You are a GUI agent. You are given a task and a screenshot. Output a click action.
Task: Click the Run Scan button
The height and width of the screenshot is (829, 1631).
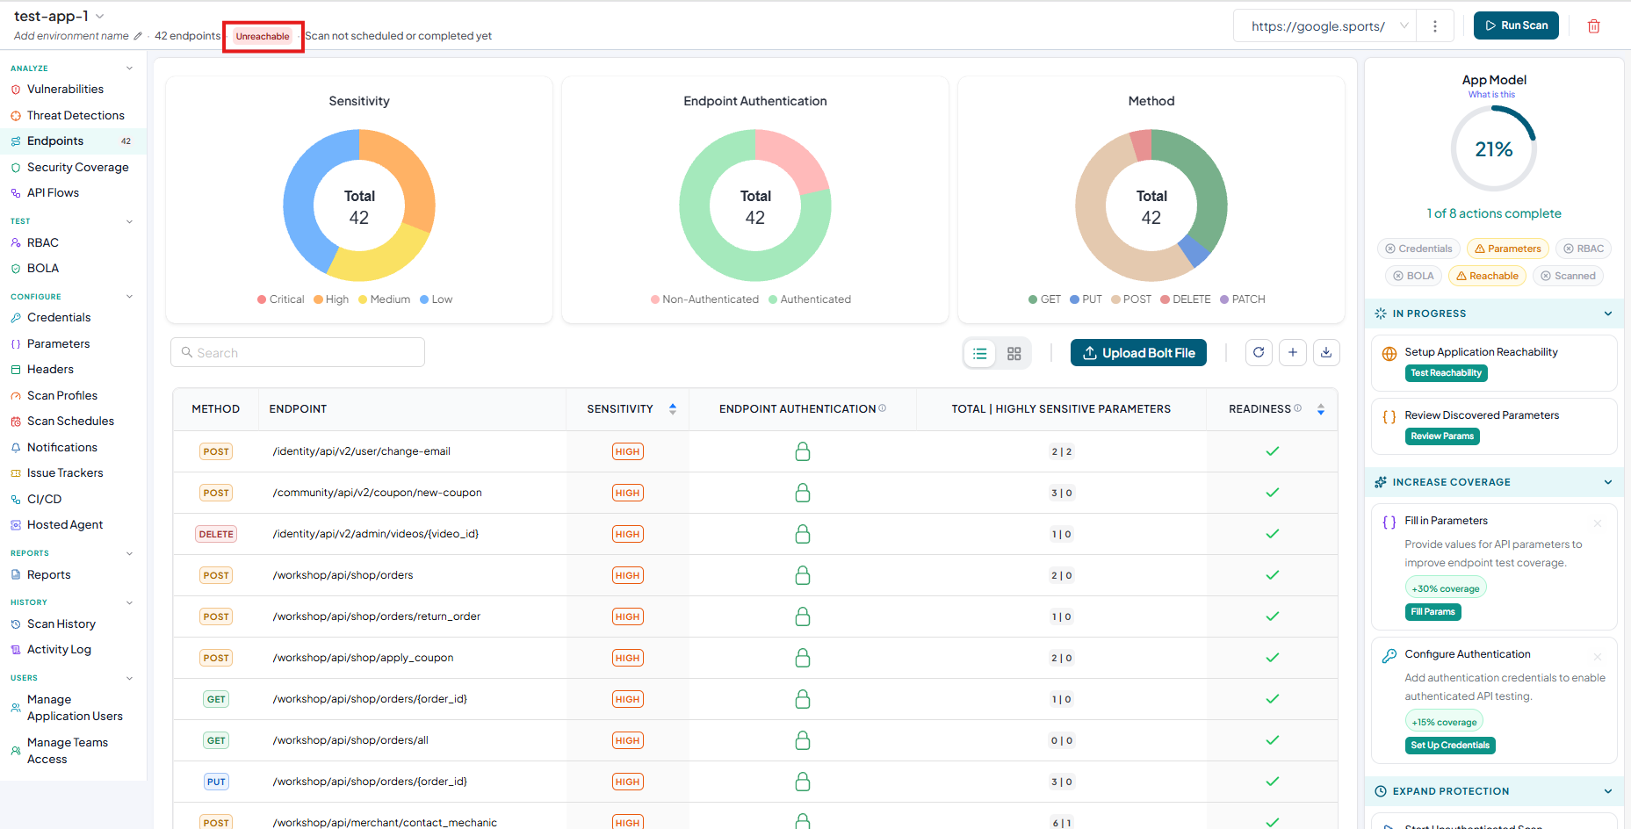pyautogui.click(x=1516, y=25)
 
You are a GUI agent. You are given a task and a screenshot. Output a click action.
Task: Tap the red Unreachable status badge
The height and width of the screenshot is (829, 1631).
pyautogui.click(x=263, y=36)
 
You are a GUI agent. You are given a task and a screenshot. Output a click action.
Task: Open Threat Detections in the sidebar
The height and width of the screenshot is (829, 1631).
pyautogui.click(x=76, y=115)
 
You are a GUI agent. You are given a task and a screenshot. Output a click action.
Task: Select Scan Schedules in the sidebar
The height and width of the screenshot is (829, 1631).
pyautogui.click(x=70, y=421)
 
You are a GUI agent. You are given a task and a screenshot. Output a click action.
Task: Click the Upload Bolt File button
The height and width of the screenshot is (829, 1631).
pyautogui.click(x=1138, y=353)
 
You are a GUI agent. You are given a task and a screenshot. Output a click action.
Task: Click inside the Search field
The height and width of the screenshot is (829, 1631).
pyautogui.click(x=298, y=352)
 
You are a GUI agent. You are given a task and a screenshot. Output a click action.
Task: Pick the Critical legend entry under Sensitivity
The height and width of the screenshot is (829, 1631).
pyautogui.click(x=281, y=299)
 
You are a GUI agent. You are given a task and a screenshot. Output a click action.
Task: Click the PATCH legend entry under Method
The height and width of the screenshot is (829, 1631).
pyautogui.click(x=1243, y=299)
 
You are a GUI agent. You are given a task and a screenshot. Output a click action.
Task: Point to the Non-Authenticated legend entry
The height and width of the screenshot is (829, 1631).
pyautogui.click(x=704, y=299)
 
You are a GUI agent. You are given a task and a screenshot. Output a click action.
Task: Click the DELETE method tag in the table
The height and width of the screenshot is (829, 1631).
pyautogui.click(x=216, y=534)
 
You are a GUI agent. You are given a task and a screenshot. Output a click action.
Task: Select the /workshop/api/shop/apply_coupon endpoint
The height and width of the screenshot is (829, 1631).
pyautogui.click(x=363, y=658)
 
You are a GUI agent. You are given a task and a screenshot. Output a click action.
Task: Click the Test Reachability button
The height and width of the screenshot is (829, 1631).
pyautogui.click(x=1446, y=373)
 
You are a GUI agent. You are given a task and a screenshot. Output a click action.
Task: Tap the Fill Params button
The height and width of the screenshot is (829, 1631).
pyautogui.click(x=1433, y=612)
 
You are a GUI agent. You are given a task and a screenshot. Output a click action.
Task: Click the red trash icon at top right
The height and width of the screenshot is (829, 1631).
pyautogui.click(x=1594, y=26)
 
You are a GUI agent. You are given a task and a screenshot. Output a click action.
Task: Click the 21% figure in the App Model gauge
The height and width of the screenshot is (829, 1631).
pyautogui.click(x=1494, y=149)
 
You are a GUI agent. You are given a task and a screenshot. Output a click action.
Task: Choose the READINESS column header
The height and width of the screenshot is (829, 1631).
pyautogui.click(x=1259, y=409)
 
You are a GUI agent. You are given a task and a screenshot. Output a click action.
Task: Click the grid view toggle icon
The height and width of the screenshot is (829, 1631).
pyautogui.click(x=1014, y=353)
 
